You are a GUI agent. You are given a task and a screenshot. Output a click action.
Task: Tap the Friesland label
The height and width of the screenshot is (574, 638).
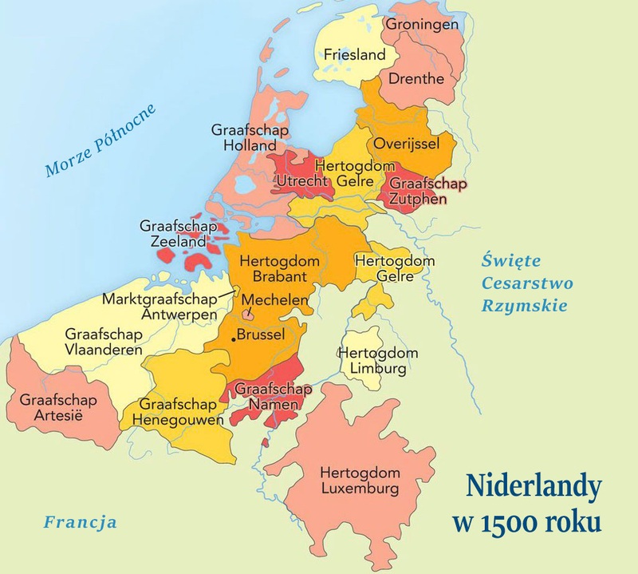[354, 55]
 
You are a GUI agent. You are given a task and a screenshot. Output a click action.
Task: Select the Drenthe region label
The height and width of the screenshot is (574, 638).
[415, 79]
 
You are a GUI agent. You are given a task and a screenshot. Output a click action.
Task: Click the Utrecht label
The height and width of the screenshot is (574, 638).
[301, 182]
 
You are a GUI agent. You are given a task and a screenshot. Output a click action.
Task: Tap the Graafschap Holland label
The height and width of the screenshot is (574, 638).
[250, 137]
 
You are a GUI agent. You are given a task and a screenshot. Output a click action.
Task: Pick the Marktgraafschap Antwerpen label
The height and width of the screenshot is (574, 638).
[160, 307]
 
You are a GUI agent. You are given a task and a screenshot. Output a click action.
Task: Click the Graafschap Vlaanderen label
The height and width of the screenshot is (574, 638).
[104, 342]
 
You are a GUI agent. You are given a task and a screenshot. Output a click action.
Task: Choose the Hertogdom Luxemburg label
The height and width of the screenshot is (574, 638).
[359, 479]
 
